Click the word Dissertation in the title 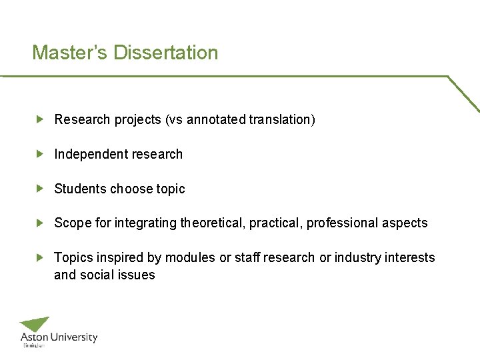[166, 53]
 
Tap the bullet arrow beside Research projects [40, 119]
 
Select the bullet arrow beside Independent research [40, 154]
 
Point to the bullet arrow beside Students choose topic [40, 189]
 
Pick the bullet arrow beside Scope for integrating [40, 223]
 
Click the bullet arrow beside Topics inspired [40, 257]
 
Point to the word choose [131, 189]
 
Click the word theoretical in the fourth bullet [213, 223]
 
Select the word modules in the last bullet [190, 258]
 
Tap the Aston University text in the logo [59, 338]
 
